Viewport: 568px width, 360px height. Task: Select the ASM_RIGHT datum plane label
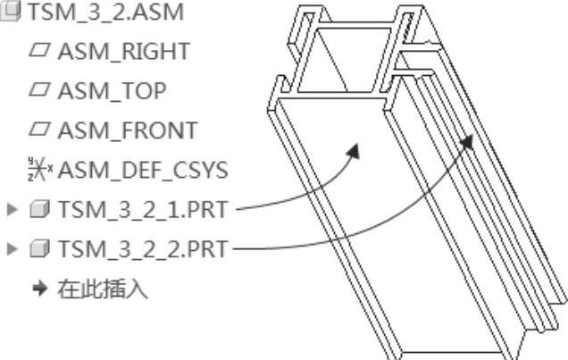(123, 51)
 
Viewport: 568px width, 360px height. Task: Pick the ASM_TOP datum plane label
(112, 90)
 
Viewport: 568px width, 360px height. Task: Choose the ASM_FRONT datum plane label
(127, 130)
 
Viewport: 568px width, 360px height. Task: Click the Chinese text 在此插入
(103, 289)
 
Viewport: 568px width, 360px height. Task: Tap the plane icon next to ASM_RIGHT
(38, 51)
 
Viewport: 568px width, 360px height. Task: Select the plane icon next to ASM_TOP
(38, 90)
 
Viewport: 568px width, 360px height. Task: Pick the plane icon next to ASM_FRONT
(38, 130)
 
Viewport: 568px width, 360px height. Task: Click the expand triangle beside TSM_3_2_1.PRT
(13, 210)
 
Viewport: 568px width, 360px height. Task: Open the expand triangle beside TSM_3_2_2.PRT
(13, 248)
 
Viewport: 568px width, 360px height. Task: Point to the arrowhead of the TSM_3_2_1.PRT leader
(354, 150)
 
